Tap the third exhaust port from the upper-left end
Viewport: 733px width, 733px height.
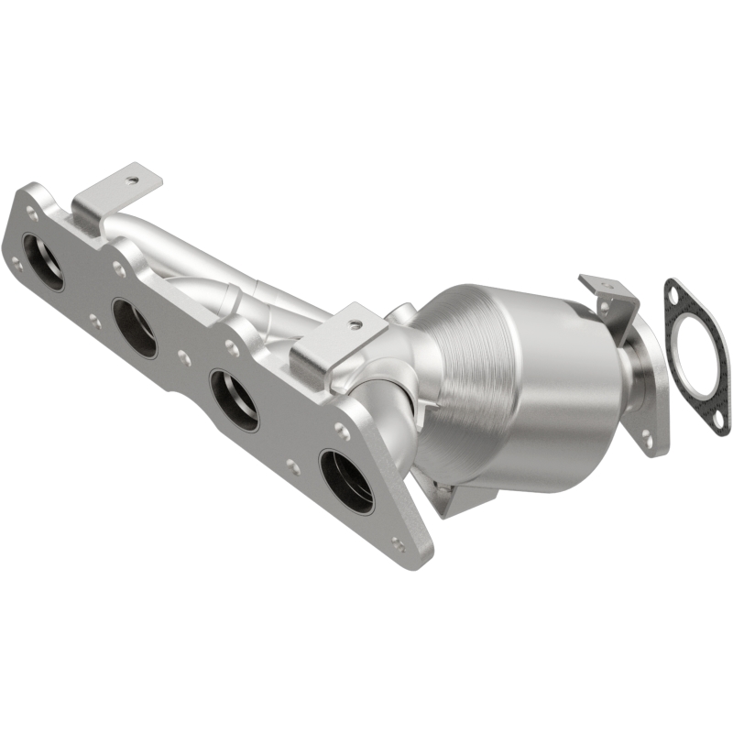[x=234, y=399]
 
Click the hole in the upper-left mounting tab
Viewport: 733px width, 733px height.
[x=134, y=181]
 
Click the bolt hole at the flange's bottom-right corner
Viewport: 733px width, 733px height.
[x=397, y=542]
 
